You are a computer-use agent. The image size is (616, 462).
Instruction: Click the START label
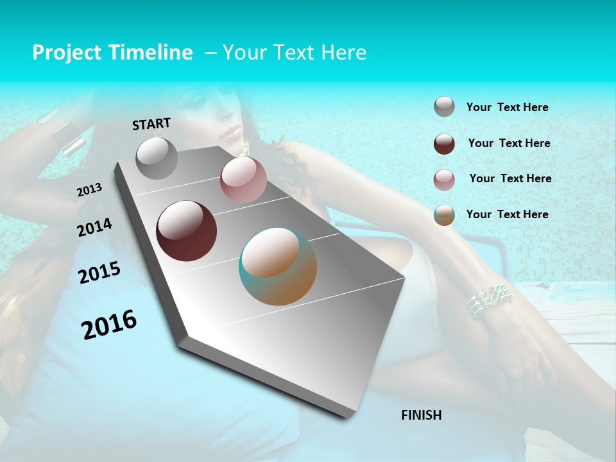coord(151,124)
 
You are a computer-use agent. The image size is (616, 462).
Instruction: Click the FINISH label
coord(421,415)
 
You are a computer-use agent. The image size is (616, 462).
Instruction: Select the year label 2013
coord(90,189)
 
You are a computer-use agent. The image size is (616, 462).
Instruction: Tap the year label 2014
coord(94,227)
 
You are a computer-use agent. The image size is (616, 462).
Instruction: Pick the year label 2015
coord(99,273)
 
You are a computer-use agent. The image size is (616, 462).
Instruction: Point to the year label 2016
coord(109,324)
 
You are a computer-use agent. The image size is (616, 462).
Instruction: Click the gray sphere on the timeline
coord(157,158)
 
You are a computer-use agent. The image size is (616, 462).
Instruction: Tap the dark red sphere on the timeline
coord(186,231)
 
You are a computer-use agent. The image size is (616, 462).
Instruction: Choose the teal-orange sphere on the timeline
coord(278,266)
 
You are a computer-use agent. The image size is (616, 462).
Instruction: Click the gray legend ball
coord(444,107)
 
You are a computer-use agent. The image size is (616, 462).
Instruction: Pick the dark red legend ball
coord(444,144)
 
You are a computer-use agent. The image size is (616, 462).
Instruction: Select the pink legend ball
coord(444,180)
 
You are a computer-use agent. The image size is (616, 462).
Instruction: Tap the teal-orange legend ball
coord(444,215)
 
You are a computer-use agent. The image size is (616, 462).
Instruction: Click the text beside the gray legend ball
coord(507,108)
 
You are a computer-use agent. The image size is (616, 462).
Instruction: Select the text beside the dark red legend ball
coord(509,143)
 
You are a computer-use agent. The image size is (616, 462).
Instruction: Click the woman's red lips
coord(232,134)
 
